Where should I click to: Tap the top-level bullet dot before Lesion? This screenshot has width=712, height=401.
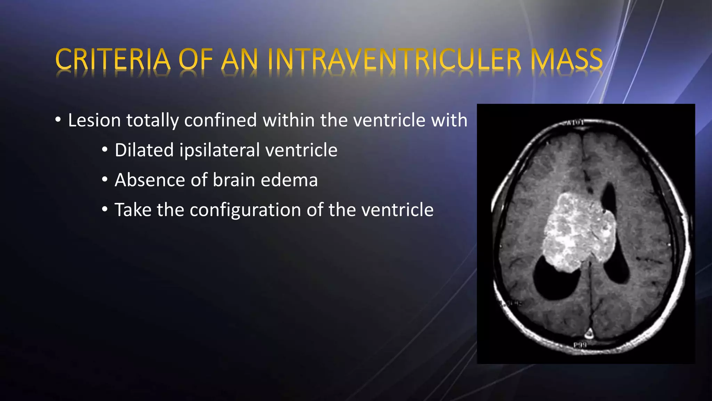[58, 120]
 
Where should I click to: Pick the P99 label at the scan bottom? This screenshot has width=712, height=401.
[580, 345]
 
